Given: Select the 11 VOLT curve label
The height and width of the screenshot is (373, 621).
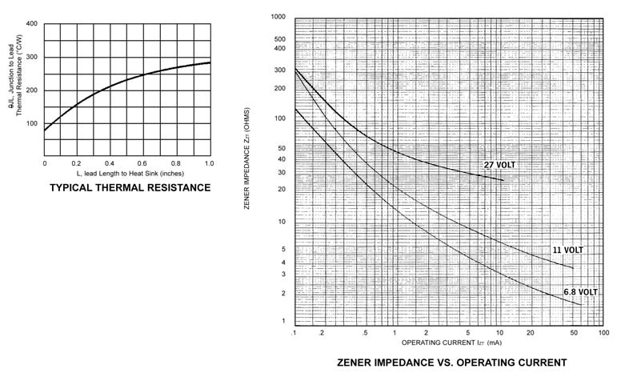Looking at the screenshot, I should [x=568, y=250].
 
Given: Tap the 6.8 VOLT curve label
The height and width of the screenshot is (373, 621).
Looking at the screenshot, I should [x=580, y=292].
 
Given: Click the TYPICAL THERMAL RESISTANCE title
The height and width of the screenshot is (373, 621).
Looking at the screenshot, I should [x=130, y=188].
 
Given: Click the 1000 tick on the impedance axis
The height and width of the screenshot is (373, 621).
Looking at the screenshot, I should [x=278, y=16].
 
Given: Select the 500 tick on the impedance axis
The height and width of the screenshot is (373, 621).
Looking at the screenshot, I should [x=280, y=38].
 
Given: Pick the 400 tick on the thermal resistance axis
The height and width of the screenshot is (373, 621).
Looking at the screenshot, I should [x=31, y=23].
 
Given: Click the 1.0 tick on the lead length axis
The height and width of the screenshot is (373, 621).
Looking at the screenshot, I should [x=210, y=162].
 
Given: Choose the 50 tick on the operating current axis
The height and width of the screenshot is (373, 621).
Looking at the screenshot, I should [x=574, y=332].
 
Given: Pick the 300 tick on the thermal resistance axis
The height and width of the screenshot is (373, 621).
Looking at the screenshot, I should [x=31, y=57].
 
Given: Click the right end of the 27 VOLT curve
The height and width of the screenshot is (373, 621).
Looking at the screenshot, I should [x=503, y=180].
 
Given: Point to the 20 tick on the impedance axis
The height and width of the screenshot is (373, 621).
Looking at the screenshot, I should [x=282, y=189].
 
